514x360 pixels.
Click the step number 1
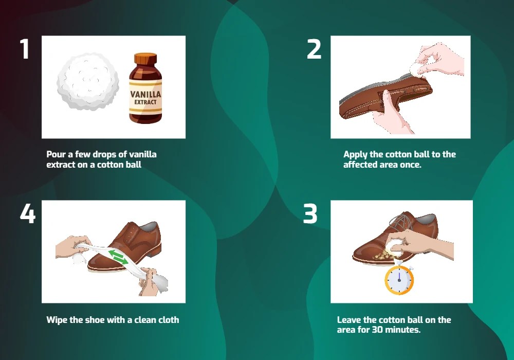[24, 50]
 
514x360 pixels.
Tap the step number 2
[314, 50]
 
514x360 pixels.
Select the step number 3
[310, 214]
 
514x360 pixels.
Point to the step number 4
[27, 214]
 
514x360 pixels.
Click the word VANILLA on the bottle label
[145, 95]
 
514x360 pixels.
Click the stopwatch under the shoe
[399, 280]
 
